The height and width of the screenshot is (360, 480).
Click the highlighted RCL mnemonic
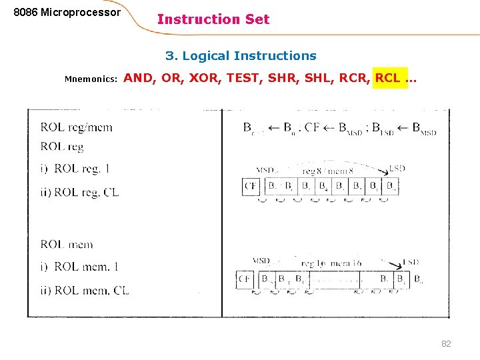tap(388, 78)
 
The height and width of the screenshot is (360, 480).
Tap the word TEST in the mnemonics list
tap(244, 78)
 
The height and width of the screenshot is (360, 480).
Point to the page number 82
tap(446, 343)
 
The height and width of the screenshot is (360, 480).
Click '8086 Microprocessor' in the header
tap(67, 13)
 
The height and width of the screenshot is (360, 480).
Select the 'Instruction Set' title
tap(213, 19)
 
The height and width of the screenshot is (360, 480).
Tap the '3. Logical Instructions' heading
tap(241, 56)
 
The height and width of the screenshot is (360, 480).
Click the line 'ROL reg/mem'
tap(76, 127)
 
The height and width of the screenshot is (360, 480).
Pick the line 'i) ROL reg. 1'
tap(75, 169)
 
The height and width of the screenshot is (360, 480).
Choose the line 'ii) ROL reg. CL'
tap(79, 192)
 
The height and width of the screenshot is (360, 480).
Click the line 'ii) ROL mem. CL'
tap(84, 290)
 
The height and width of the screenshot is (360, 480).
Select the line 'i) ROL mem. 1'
tap(79, 267)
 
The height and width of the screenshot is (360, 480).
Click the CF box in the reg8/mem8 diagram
tap(251, 186)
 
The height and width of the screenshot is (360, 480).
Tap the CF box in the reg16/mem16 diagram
tap(245, 279)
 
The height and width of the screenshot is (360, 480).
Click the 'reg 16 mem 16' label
tap(331, 264)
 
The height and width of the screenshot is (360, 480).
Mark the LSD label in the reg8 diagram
tap(397, 169)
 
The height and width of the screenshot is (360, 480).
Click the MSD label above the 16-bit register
tap(261, 260)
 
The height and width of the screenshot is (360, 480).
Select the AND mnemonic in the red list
tap(138, 78)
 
